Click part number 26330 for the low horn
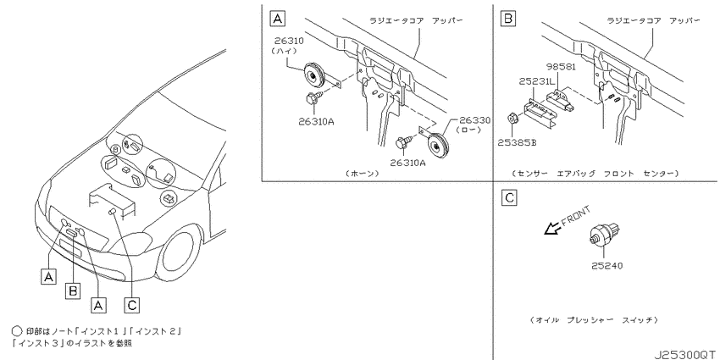(x=475, y=121)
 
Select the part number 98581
(x=561, y=67)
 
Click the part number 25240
(x=607, y=265)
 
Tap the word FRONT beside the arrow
(x=575, y=215)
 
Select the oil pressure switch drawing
(x=605, y=233)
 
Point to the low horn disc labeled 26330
(x=439, y=145)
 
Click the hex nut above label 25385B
(x=511, y=119)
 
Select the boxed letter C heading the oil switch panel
(x=509, y=198)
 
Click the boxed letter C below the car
(x=131, y=304)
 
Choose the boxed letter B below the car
(x=73, y=291)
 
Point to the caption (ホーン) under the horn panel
(x=363, y=173)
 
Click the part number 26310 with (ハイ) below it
(x=289, y=41)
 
